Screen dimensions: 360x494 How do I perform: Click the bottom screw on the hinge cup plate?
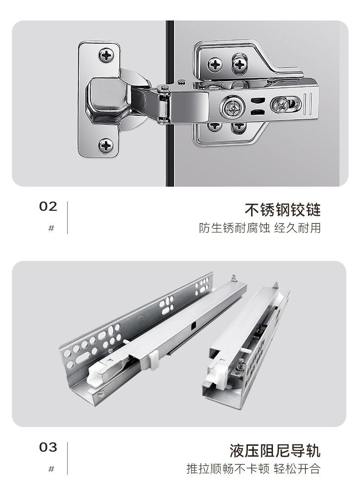106,146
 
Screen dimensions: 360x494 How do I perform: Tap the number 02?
48,207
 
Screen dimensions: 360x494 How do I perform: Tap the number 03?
48,448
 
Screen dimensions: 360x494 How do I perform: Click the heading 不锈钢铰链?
283,210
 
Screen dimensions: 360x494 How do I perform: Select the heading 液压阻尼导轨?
275,451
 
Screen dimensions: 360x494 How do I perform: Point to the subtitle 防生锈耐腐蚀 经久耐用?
260,228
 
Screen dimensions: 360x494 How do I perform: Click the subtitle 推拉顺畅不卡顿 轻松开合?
253,469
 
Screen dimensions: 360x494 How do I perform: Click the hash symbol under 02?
51,228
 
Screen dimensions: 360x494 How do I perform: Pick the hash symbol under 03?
51,469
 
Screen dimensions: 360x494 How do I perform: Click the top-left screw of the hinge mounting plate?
215,65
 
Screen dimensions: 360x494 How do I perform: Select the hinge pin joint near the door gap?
164,104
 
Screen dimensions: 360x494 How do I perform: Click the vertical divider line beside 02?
67,218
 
